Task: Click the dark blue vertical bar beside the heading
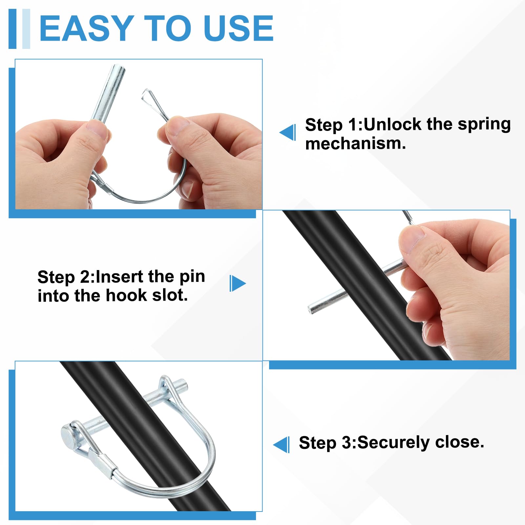12,29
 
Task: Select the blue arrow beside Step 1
287,132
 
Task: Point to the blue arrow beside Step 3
281,445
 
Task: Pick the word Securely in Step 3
393,443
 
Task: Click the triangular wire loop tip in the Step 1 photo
146,95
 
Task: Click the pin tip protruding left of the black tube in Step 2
310,309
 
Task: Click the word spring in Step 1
484,125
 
